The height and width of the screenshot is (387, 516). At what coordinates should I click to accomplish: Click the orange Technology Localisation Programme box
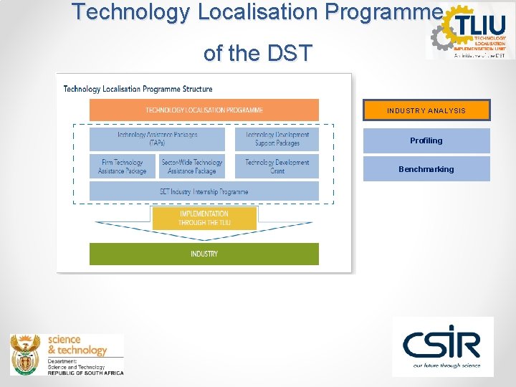(x=204, y=110)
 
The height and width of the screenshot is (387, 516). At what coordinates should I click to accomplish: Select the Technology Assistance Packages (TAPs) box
(x=157, y=138)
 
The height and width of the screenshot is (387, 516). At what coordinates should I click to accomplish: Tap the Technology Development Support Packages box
(x=277, y=138)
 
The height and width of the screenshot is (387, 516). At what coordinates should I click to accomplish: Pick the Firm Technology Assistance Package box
(x=122, y=166)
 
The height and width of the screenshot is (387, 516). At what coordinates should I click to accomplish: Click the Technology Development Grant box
(x=277, y=166)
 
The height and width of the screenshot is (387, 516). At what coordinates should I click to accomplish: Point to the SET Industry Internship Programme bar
(x=204, y=191)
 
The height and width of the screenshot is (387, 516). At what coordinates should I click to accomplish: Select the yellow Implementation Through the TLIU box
(x=204, y=218)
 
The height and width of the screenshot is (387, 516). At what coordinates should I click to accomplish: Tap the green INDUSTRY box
(x=204, y=254)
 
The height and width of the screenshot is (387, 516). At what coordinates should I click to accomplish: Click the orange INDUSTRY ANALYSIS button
(x=426, y=110)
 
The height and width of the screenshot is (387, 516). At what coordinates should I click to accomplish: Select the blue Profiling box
(x=426, y=140)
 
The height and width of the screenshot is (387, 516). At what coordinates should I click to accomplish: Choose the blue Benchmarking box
(x=426, y=169)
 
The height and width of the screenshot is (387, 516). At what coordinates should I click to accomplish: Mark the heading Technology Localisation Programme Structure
(x=138, y=89)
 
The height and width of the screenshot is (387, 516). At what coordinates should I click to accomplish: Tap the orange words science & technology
(x=77, y=345)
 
